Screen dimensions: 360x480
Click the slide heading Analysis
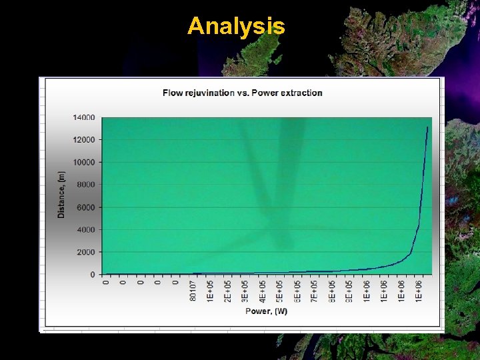(x=236, y=27)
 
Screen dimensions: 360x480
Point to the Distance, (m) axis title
(x=62, y=195)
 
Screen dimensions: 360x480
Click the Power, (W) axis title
(x=266, y=311)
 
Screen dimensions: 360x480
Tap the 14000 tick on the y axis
(x=84, y=117)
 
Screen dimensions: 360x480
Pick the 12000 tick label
(x=84, y=140)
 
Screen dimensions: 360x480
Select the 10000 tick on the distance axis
(x=84, y=162)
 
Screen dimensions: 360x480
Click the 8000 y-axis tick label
(x=86, y=185)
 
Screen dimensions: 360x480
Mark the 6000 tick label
(x=86, y=207)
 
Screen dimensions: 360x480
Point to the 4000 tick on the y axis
(x=86, y=229)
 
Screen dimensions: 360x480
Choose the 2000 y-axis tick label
(x=86, y=252)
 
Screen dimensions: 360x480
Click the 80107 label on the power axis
(x=193, y=291)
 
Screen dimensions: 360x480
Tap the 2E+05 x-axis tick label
(x=228, y=291)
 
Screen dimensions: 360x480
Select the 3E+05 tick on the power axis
(x=245, y=291)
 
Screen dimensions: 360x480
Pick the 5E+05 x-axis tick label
(x=280, y=291)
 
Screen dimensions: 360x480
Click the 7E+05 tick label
(x=315, y=291)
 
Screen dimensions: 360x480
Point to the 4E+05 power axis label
(x=263, y=291)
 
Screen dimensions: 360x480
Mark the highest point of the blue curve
(x=427, y=127)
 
